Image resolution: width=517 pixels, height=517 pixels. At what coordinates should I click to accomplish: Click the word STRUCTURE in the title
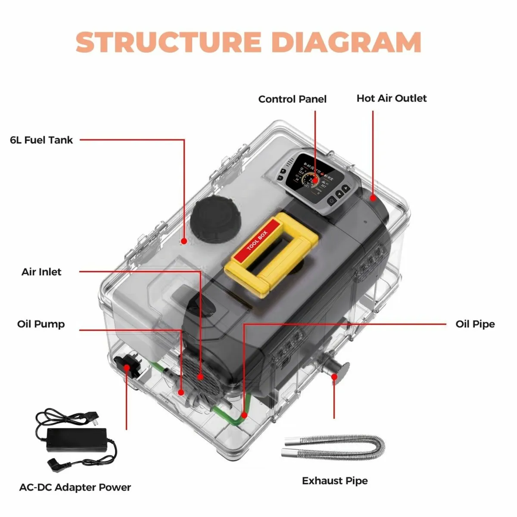(168, 42)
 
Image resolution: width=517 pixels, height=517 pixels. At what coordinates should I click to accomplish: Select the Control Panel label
(292, 99)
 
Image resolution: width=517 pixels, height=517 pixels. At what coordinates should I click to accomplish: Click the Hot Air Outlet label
(391, 98)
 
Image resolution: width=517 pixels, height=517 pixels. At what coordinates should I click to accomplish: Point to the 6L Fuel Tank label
(41, 140)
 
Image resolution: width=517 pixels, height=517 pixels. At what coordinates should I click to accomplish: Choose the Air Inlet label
(41, 272)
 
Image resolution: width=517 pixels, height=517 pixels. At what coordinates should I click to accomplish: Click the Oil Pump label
(41, 324)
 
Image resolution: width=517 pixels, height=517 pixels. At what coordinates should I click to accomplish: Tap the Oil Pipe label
(475, 324)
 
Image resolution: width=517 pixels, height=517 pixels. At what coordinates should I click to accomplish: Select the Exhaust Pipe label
(335, 481)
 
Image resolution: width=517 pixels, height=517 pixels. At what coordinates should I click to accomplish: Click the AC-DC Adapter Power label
(75, 487)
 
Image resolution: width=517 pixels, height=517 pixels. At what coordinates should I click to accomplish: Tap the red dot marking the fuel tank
(184, 241)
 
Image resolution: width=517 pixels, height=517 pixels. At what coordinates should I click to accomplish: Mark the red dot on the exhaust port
(334, 377)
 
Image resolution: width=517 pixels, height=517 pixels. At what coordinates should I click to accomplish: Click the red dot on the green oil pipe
(244, 415)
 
